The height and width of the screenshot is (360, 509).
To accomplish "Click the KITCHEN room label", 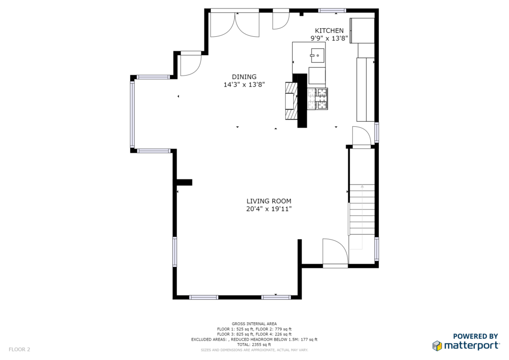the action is [x=329, y=30].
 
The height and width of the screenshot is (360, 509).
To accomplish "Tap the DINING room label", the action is [x=244, y=77].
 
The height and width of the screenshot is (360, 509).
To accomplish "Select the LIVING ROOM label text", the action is [x=269, y=201].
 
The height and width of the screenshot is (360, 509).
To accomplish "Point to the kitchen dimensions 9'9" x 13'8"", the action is [x=329, y=39].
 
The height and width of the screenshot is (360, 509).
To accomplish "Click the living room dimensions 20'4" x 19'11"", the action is [x=269, y=209].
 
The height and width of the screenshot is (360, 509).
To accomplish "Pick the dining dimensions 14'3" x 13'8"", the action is [x=244, y=85].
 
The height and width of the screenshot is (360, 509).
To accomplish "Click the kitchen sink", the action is [x=317, y=55].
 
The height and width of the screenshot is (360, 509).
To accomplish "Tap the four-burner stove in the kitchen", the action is [x=317, y=98].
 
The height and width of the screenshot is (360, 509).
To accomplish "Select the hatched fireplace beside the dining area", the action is [x=291, y=100].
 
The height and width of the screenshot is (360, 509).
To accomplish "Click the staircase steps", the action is [x=362, y=210].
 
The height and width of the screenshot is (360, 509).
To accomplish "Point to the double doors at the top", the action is [x=235, y=24].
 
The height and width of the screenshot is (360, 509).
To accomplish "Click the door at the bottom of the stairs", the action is [x=336, y=253].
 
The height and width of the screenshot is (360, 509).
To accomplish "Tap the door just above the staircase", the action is [x=362, y=137].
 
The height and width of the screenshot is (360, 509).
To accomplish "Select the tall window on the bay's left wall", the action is [x=132, y=113].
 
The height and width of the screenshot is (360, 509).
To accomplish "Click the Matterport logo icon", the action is [x=437, y=346].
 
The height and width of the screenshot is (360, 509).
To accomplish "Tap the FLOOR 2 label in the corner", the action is [x=19, y=350].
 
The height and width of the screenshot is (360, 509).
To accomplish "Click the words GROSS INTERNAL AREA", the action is [x=254, y=324].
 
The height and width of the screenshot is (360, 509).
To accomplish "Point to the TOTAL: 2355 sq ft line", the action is [x=254, y=345].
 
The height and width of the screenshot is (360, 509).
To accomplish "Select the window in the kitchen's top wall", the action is [x=332, y=10].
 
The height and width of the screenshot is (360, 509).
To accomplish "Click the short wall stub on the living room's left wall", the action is [x=184, y=182].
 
